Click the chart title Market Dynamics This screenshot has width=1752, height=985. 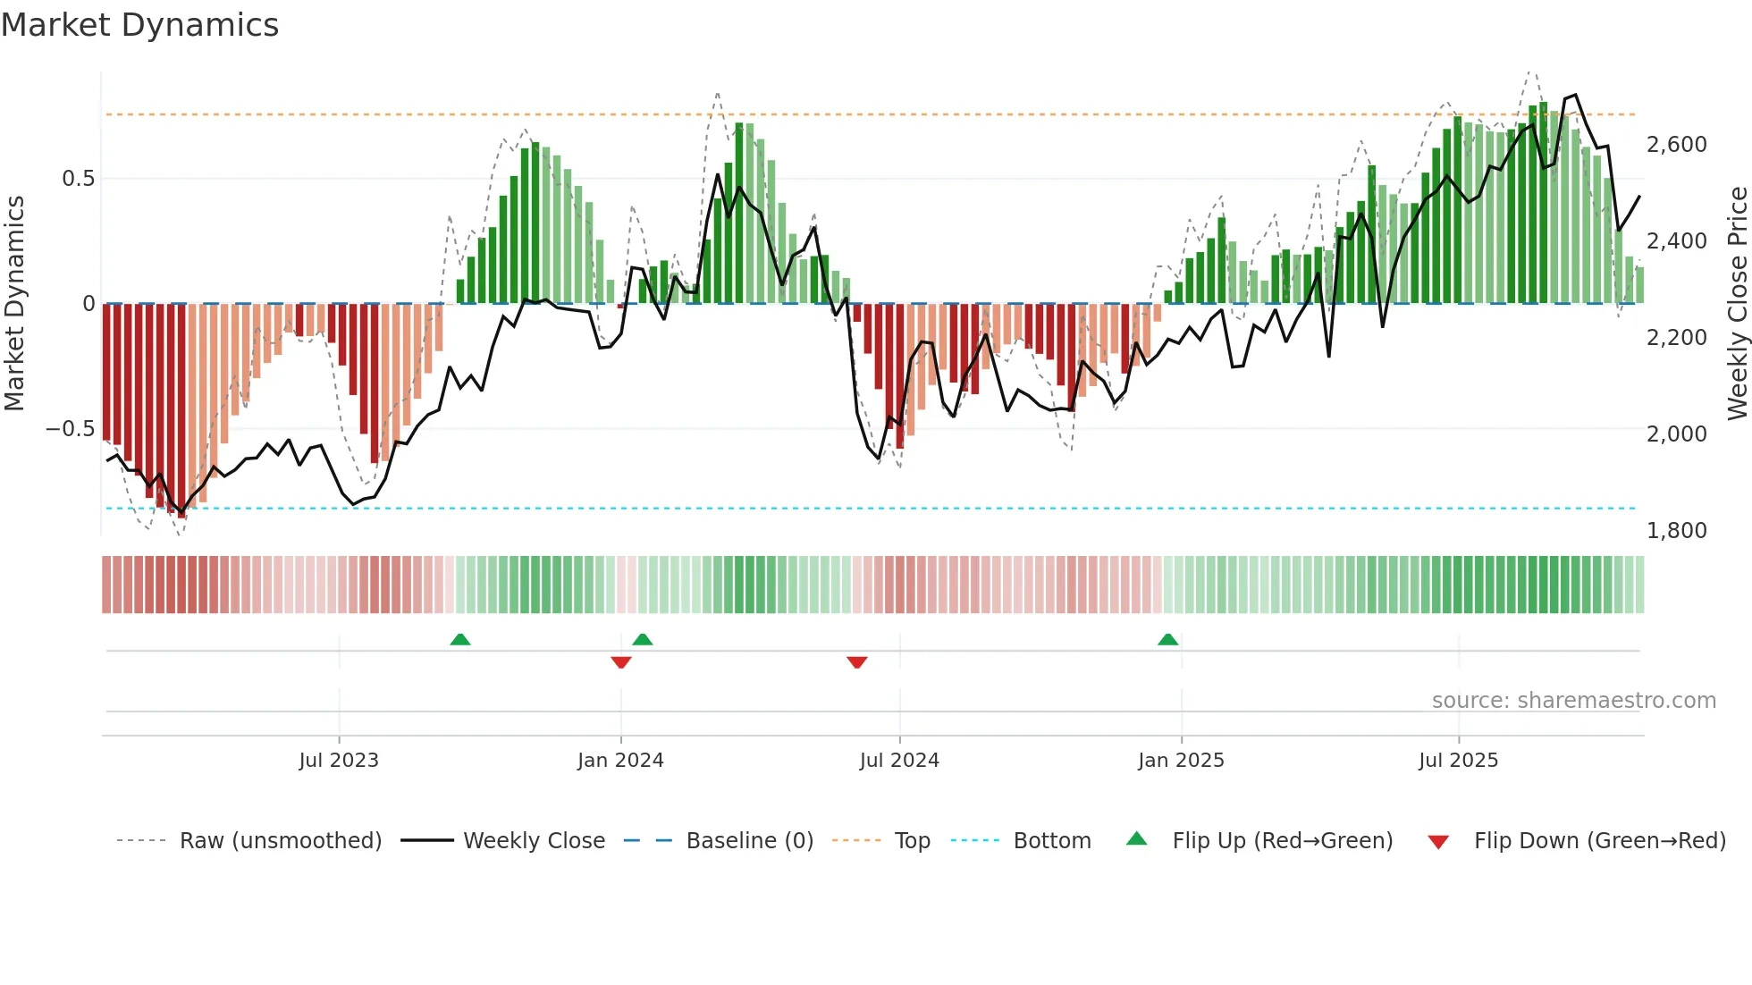point(139,25)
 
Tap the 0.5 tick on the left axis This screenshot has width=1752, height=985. point(78,179)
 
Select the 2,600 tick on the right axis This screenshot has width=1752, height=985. point(1676,145)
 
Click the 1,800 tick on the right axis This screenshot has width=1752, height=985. point(1676,531)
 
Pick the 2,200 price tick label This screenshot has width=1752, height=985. point(1676,338)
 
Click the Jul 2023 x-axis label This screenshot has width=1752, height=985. point(339,761)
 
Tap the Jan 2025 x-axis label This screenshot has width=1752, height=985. point(1181,761)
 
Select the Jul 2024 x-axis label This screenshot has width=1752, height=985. point(899,761)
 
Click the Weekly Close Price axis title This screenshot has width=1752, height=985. point(1737,304)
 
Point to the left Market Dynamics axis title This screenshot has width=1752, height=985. point(14,304)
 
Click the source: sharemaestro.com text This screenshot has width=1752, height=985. point(1573,701)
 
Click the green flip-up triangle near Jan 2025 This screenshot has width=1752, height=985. point(1167,639)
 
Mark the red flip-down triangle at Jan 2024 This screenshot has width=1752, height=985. point(621,662)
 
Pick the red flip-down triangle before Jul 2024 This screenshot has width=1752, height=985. point(856,662)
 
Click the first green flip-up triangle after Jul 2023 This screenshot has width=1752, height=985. point(459,639)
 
